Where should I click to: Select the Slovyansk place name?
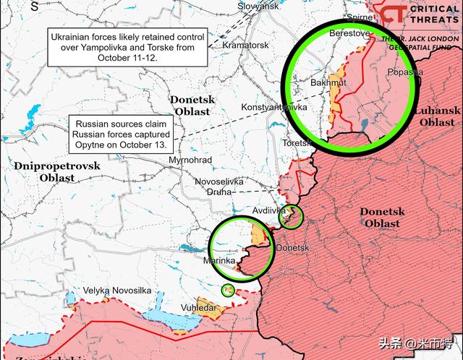(x=258, y=6)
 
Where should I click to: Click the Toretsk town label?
(x=297, y=143)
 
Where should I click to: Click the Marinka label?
(x=219, y=260)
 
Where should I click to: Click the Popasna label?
(x=405, y=72)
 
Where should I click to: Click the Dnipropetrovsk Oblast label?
(x=57, y=171)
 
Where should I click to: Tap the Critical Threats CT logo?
(x=393, y=14)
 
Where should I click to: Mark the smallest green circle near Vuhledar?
(x=228, y=290)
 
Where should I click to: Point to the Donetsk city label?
(x=292, y=248)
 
